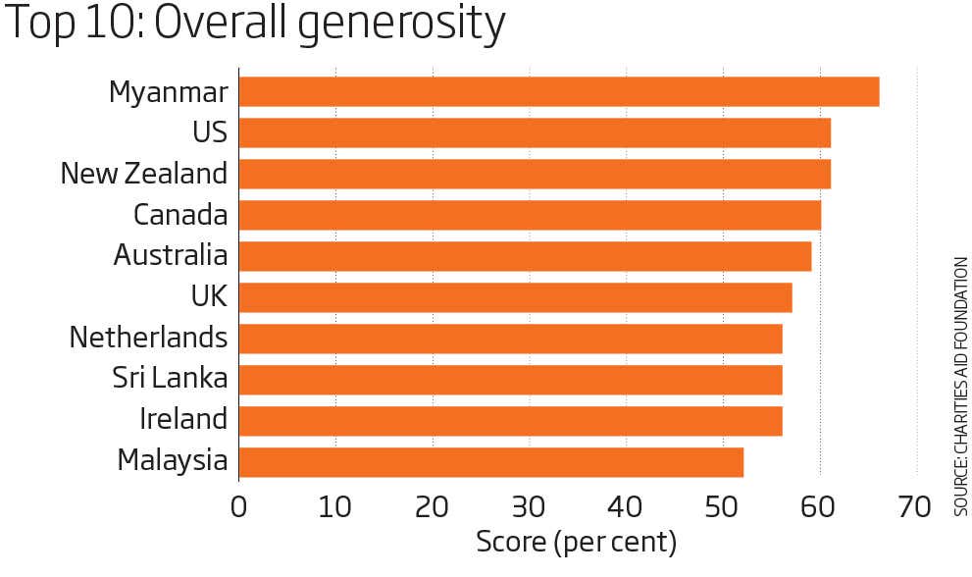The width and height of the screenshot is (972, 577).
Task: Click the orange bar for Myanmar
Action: [x=559, y=91]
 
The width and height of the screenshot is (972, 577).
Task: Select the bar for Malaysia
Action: [x=490, y=461]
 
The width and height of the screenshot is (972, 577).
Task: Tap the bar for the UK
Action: [x=515, y=296]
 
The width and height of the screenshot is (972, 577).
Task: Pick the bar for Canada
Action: [x=530, y=215]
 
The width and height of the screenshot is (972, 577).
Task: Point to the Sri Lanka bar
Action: [x=510, y=379]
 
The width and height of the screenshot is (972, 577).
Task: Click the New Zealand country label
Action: [x=144, y=174]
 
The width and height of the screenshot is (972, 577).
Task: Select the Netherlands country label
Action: [x=148, y=338]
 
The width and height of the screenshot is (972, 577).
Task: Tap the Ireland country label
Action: [x=183, y=419]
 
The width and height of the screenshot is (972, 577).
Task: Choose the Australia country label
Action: [x=171, y=255]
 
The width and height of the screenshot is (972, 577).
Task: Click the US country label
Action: [x=211, y=132]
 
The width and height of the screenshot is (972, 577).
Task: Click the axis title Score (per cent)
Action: [x=576, y=542]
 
